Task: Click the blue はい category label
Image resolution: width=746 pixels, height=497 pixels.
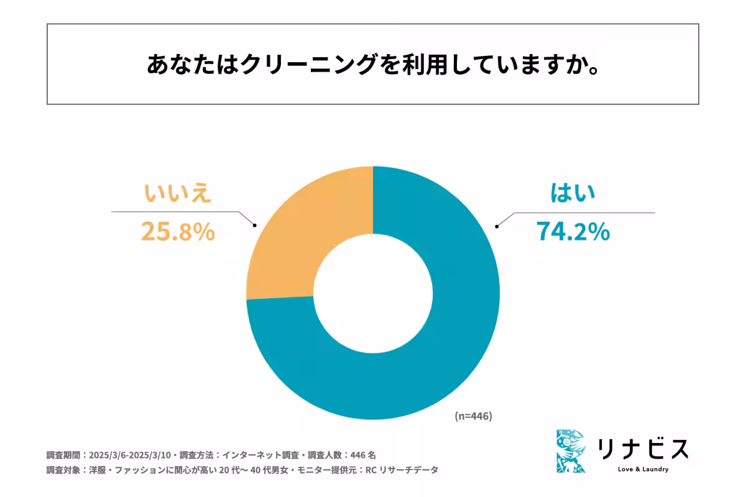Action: coord(573,193)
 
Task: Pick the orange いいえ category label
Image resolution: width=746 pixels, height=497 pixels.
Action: coord(178,193)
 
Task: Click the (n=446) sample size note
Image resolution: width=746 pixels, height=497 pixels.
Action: coord(473,416)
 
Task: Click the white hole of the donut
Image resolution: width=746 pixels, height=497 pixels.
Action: coord(373,293)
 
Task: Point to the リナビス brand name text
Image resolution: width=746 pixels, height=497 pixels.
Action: coord(643,449)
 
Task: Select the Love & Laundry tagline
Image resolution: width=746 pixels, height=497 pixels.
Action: coord(643,469)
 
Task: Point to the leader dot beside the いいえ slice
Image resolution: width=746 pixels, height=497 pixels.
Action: coord(255,226)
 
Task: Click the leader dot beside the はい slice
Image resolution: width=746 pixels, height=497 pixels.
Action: coord(495,226)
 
